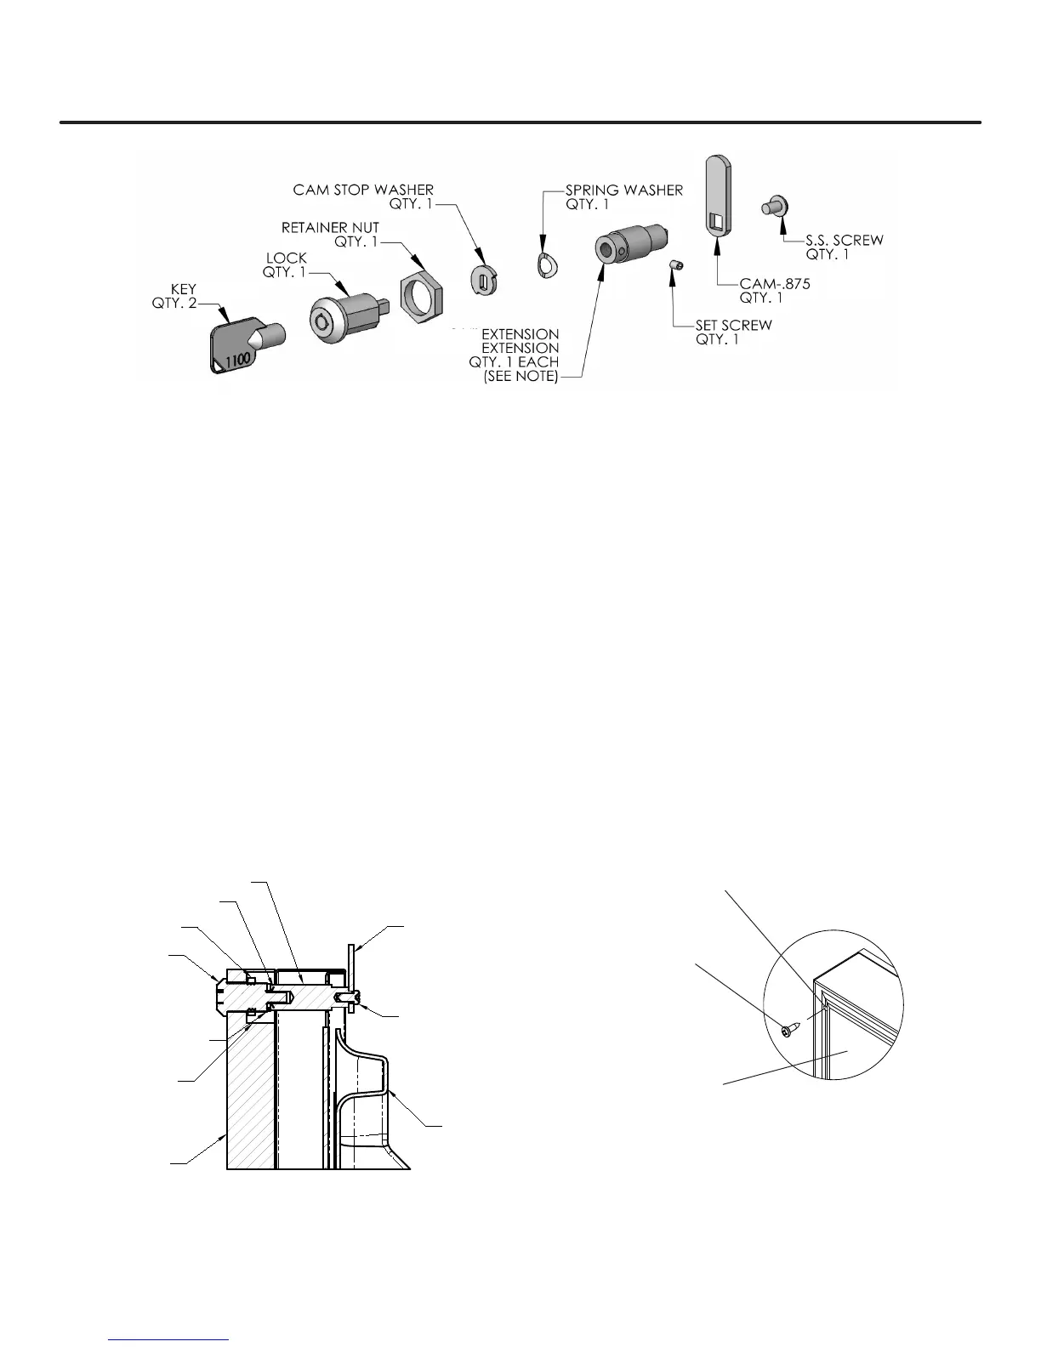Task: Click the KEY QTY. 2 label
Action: (x=174, y=297)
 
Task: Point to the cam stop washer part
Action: (x=483, y=277)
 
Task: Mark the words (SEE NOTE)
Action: (x=520, y=376)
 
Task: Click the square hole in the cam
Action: (x=717, y=223)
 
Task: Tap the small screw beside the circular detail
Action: (x=788, y=1031)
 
